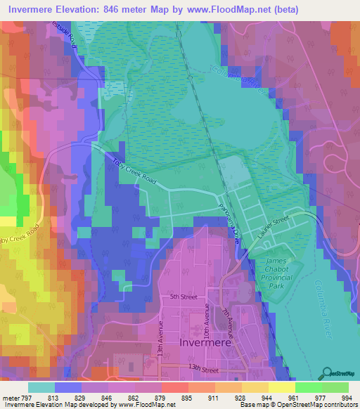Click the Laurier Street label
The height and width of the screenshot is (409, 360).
point(273,231)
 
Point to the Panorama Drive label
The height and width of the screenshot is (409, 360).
point(232,228)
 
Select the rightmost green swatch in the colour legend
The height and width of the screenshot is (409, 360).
point(334,387)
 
